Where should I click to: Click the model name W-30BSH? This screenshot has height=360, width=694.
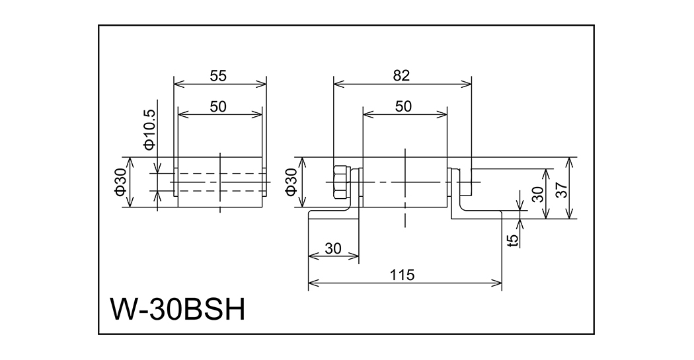coord(178,309)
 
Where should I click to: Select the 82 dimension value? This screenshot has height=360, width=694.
coord(401,75)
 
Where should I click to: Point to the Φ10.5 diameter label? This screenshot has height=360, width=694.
coord(149,128)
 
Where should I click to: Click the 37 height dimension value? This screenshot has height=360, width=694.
coord(561,191)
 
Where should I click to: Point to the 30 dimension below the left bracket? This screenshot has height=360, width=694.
coord(334,248)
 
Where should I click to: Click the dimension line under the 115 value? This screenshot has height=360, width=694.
coord(405,284)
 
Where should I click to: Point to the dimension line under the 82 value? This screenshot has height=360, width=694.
coord(402,84)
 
